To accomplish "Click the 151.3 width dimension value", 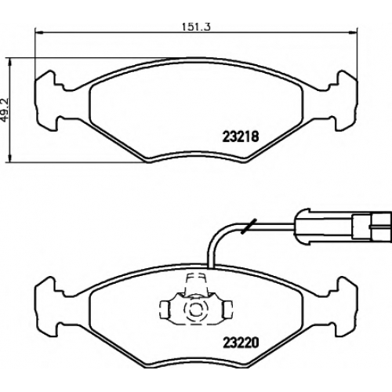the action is (x=196, y=27).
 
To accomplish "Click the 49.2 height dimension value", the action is (x=5, y=110).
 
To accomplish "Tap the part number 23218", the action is (x=241, y=136).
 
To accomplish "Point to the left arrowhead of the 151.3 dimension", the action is (x=38, y=33).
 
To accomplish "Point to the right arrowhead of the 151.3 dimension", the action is (x=353, y=33).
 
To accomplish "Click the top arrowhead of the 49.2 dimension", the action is (x=10, y=62).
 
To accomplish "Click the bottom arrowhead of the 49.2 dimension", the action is (x=10, y=158).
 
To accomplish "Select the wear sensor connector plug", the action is (x=343, y=227).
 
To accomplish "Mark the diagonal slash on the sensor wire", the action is (x=249, y=226).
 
